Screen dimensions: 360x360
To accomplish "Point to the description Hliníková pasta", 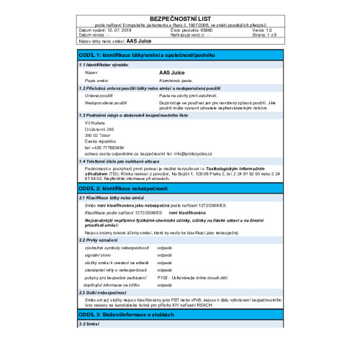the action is pyautogui.click(x=180, y=81).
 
